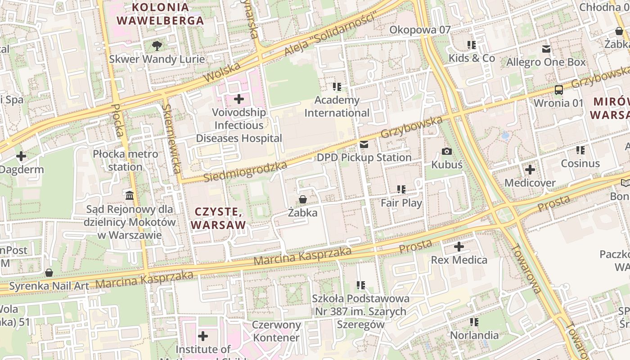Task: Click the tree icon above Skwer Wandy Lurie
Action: click(157, 45)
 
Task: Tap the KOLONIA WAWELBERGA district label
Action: click(160, 14)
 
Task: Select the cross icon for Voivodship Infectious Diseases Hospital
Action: click(239, 99)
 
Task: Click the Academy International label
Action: click(337, 106)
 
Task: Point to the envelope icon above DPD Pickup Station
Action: click(364, 144)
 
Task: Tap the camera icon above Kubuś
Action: click(446, 152)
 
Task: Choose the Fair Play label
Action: click(401, 203)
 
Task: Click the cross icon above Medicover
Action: click(530, 170)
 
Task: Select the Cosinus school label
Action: click(580, 163)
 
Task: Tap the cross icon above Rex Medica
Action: click(459, 247)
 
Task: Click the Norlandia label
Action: click(474, 335)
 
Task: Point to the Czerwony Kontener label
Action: click(276, 331)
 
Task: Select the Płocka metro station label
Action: click(126, 161)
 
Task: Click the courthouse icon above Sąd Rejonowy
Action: click(130, 195)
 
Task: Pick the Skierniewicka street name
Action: click(173, 139)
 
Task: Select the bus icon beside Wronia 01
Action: click(558, 90)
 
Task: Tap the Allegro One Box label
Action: click(546, 62)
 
